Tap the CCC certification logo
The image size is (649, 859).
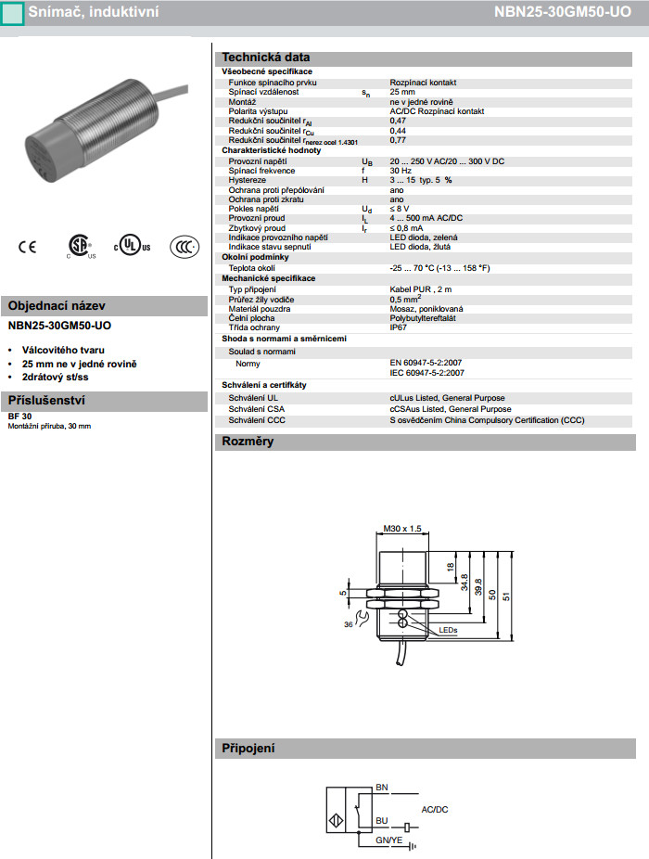pyautogui.click(x=184, y=247)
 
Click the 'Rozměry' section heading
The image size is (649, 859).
pyautogui.click(x=247, y=442)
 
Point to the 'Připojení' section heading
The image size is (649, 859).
pyautogui.click(x=248, y=749)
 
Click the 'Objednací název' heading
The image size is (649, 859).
pyautogui.click(x=57, y=306)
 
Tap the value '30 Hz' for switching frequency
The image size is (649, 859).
pyautogui.click(x=401, y=171)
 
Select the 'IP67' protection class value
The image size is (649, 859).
pyautogui.click(x=398, y=327)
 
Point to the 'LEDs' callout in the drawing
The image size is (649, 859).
pyautogui.click(x=449, y=631)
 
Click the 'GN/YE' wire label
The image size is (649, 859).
pyautogui.click(x=388, y=840)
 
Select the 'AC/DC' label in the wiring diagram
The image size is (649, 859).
pyautogui.click(x=434, y=810)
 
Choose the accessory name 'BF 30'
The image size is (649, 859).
pyautogui.click(x=19, y=417)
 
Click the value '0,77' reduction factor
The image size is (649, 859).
pyautogui.click(x=398, y=140)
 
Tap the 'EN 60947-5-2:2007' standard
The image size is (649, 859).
pyautogui.click(x=426, y=363)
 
